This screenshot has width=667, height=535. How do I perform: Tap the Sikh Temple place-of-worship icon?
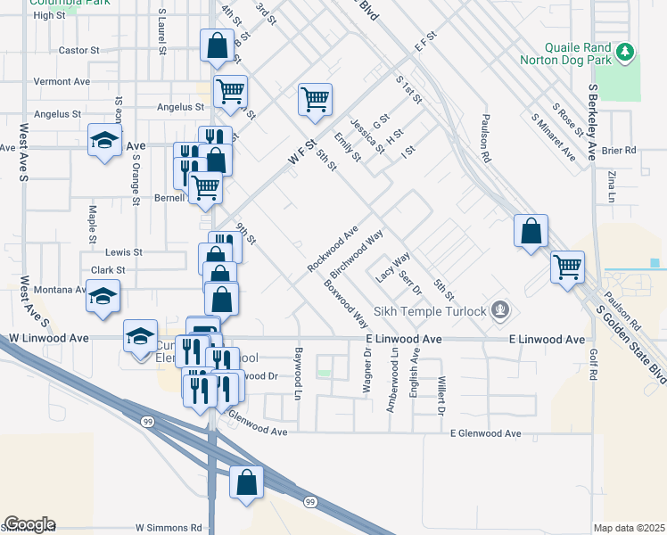(501, 310)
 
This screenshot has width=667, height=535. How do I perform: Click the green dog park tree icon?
(626, 52)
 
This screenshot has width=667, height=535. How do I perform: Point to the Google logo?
(29, 523)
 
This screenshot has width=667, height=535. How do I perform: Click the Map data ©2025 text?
(629, 528)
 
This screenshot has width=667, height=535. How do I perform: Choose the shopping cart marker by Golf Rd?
(567, 265)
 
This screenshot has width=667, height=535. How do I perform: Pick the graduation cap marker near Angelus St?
(104, 140)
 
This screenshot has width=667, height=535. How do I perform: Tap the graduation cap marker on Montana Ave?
(103, 295)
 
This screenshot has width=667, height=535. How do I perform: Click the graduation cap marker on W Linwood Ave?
(140, 337)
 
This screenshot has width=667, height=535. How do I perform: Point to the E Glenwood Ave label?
(485, 433)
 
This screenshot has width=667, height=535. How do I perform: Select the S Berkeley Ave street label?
(592, 123)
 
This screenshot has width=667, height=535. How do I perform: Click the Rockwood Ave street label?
(332, 249)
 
